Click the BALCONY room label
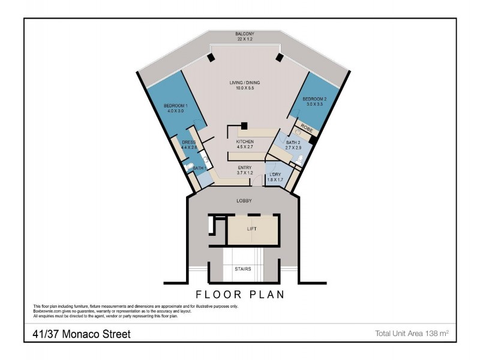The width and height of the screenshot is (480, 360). (x=245, y=34)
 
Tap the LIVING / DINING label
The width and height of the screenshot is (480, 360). (x=244, y=83)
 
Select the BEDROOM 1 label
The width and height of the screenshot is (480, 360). (x=176, y=106)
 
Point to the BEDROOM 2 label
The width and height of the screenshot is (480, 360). (x=314, y=98)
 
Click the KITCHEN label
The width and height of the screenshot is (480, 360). (x=246, y=142)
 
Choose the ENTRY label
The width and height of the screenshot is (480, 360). (x=244, y=168)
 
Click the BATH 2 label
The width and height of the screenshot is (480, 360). (x=293, y=142)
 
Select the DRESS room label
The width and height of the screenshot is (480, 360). (x=189, y=142)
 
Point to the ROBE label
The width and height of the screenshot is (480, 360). (x=307, y=128)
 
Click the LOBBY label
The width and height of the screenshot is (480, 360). (x=244, y=200)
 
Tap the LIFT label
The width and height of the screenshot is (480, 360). (x=252, y=229)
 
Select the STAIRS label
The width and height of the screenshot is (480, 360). (x=242, y=269)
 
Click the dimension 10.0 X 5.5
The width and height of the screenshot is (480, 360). (x=244, y=89)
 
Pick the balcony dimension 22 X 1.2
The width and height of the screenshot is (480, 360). (x=245, y=40)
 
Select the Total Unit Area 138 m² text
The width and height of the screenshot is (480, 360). (x=412, y=332)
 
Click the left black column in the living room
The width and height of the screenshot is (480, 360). (x=211, y=58)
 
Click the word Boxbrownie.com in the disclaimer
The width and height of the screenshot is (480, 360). (x=49, y=311)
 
